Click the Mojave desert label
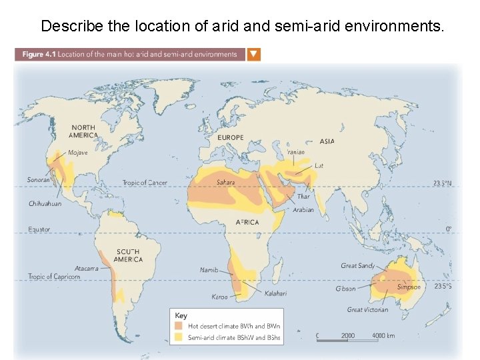tap(78, 152)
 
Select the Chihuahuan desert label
tap(45, 203)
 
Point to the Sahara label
tap(225, 182)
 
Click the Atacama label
tap(87, 268)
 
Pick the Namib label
tap(209, 270)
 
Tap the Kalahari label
tap(276, 293)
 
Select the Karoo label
tap(219, 297)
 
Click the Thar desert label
tap(303, 197)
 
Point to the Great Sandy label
tap(358, 266)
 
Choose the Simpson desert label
tap(409, 287)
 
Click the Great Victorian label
tap(367, 309)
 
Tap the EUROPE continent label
tap(231, 137)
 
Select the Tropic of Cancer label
tap(145, 183)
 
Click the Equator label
tap(39, 229)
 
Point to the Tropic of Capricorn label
tap(54, 277)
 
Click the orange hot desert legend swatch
tap(179, 327)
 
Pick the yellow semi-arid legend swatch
tap(179, 337)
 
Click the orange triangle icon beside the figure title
tap(254, 55)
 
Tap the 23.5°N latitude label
tap(442, 183)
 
